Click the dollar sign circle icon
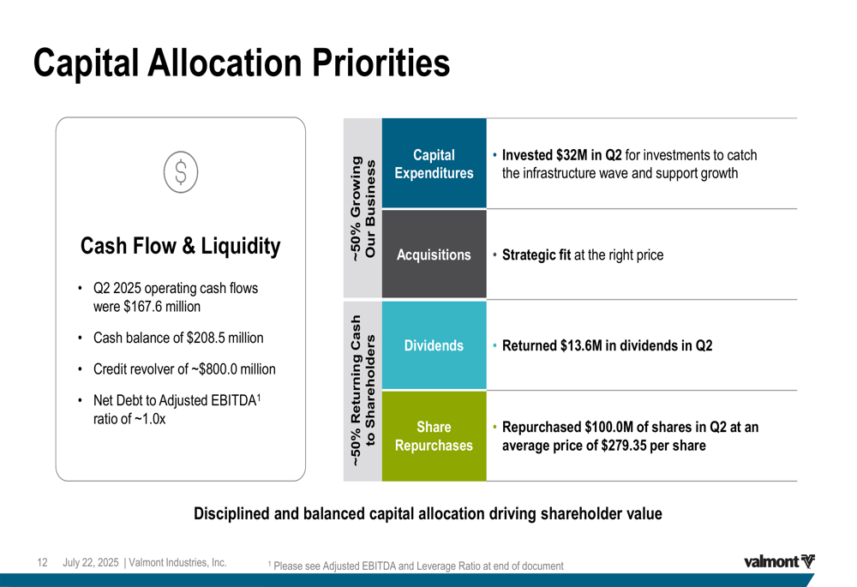pos(181,172)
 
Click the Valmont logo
pos(779,561)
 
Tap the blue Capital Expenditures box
pos(434,164)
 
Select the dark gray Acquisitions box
pos(434,255)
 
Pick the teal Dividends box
pos(434,345)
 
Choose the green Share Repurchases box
pos(434,436)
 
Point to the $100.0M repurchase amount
pos(608,427)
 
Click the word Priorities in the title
pos(381,63)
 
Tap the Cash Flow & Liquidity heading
pos(180,246)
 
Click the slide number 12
pos(42,562)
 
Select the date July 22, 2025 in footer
pos(91,562)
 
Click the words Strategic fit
pos(536,255)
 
